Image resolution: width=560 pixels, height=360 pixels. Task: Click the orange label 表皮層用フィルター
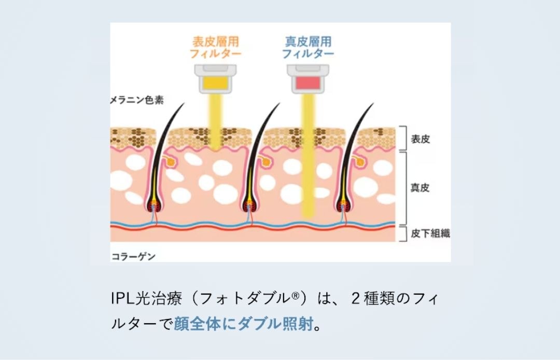click(215, 47)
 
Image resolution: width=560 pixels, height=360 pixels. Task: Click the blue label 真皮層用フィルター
click(308, 47)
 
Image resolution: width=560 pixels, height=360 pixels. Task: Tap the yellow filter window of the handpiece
click(215, 82)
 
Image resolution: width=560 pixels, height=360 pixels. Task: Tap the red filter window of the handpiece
click(308, 82)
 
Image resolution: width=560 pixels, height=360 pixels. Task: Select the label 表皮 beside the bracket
click(421, 139)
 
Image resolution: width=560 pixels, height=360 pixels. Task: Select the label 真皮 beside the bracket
click(421, 187)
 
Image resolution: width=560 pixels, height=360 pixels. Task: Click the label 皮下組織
click(430, 233)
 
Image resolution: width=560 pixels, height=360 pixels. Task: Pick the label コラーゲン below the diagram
click(134, 256)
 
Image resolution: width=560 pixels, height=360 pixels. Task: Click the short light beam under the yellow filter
click(215, 122)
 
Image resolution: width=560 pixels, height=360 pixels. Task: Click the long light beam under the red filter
click(308, 156)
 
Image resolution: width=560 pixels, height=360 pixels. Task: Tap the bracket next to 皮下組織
click(403, 233)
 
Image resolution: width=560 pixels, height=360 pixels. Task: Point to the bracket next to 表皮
click(403, 138)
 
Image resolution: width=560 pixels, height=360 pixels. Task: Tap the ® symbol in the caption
click(295, 297)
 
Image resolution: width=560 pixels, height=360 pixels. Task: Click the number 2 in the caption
click(355, 299)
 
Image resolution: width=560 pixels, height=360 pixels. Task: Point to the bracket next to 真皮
click(403, 187)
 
